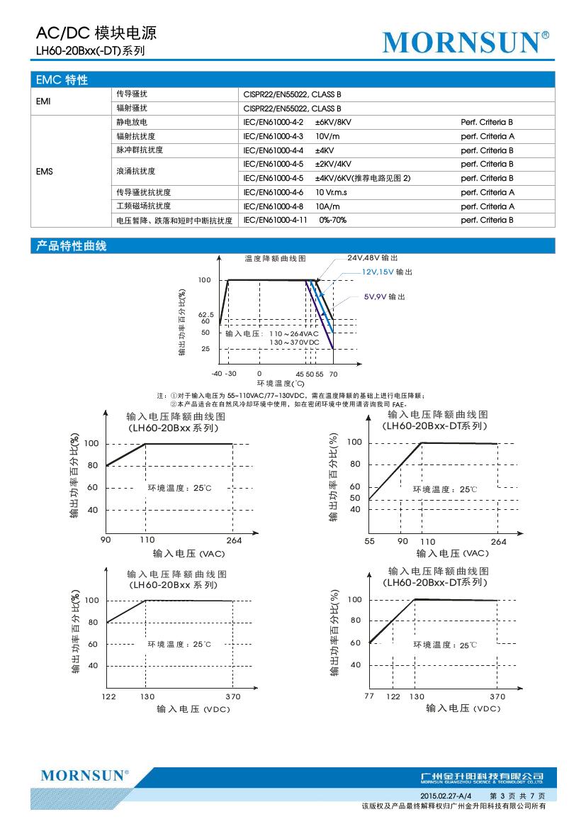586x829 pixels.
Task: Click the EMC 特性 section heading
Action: pyautogui.click(x=62, y=80)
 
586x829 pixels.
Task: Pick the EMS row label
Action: pyautogui.click(x=45, y=171)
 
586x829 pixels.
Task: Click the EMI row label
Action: pyautogui.click(x=43, y=101)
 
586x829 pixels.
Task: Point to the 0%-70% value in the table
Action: pyautogui.click(x=332, y=221)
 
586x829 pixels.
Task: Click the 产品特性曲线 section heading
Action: pyautogui.click(x=71, y=246)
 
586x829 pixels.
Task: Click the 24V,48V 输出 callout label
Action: pyautogui.click(x=373, y=258)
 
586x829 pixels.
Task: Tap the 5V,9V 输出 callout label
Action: pyautogui.click(x=385, y=296)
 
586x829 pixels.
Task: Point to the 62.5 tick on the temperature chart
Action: pyautogui.click(x=206, y=313)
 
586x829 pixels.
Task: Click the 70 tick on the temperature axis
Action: pyautogui.click(x=334, y=373)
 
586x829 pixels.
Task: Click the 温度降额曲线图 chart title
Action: pyautogui.click(x=275, y=260)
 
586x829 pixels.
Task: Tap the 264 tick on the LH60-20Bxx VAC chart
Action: pyautogui.click(x=234, y=541)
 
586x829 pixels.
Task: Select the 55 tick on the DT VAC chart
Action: pyautogui.click(x=369, y=541)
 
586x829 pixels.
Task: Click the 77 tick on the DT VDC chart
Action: pyautogui.click(x=369, y=696)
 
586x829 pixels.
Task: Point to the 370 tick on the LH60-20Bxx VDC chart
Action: pyautogui.click(x=232, y=697)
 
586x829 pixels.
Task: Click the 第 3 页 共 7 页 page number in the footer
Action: pyautogui.click(x=518, y=797)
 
